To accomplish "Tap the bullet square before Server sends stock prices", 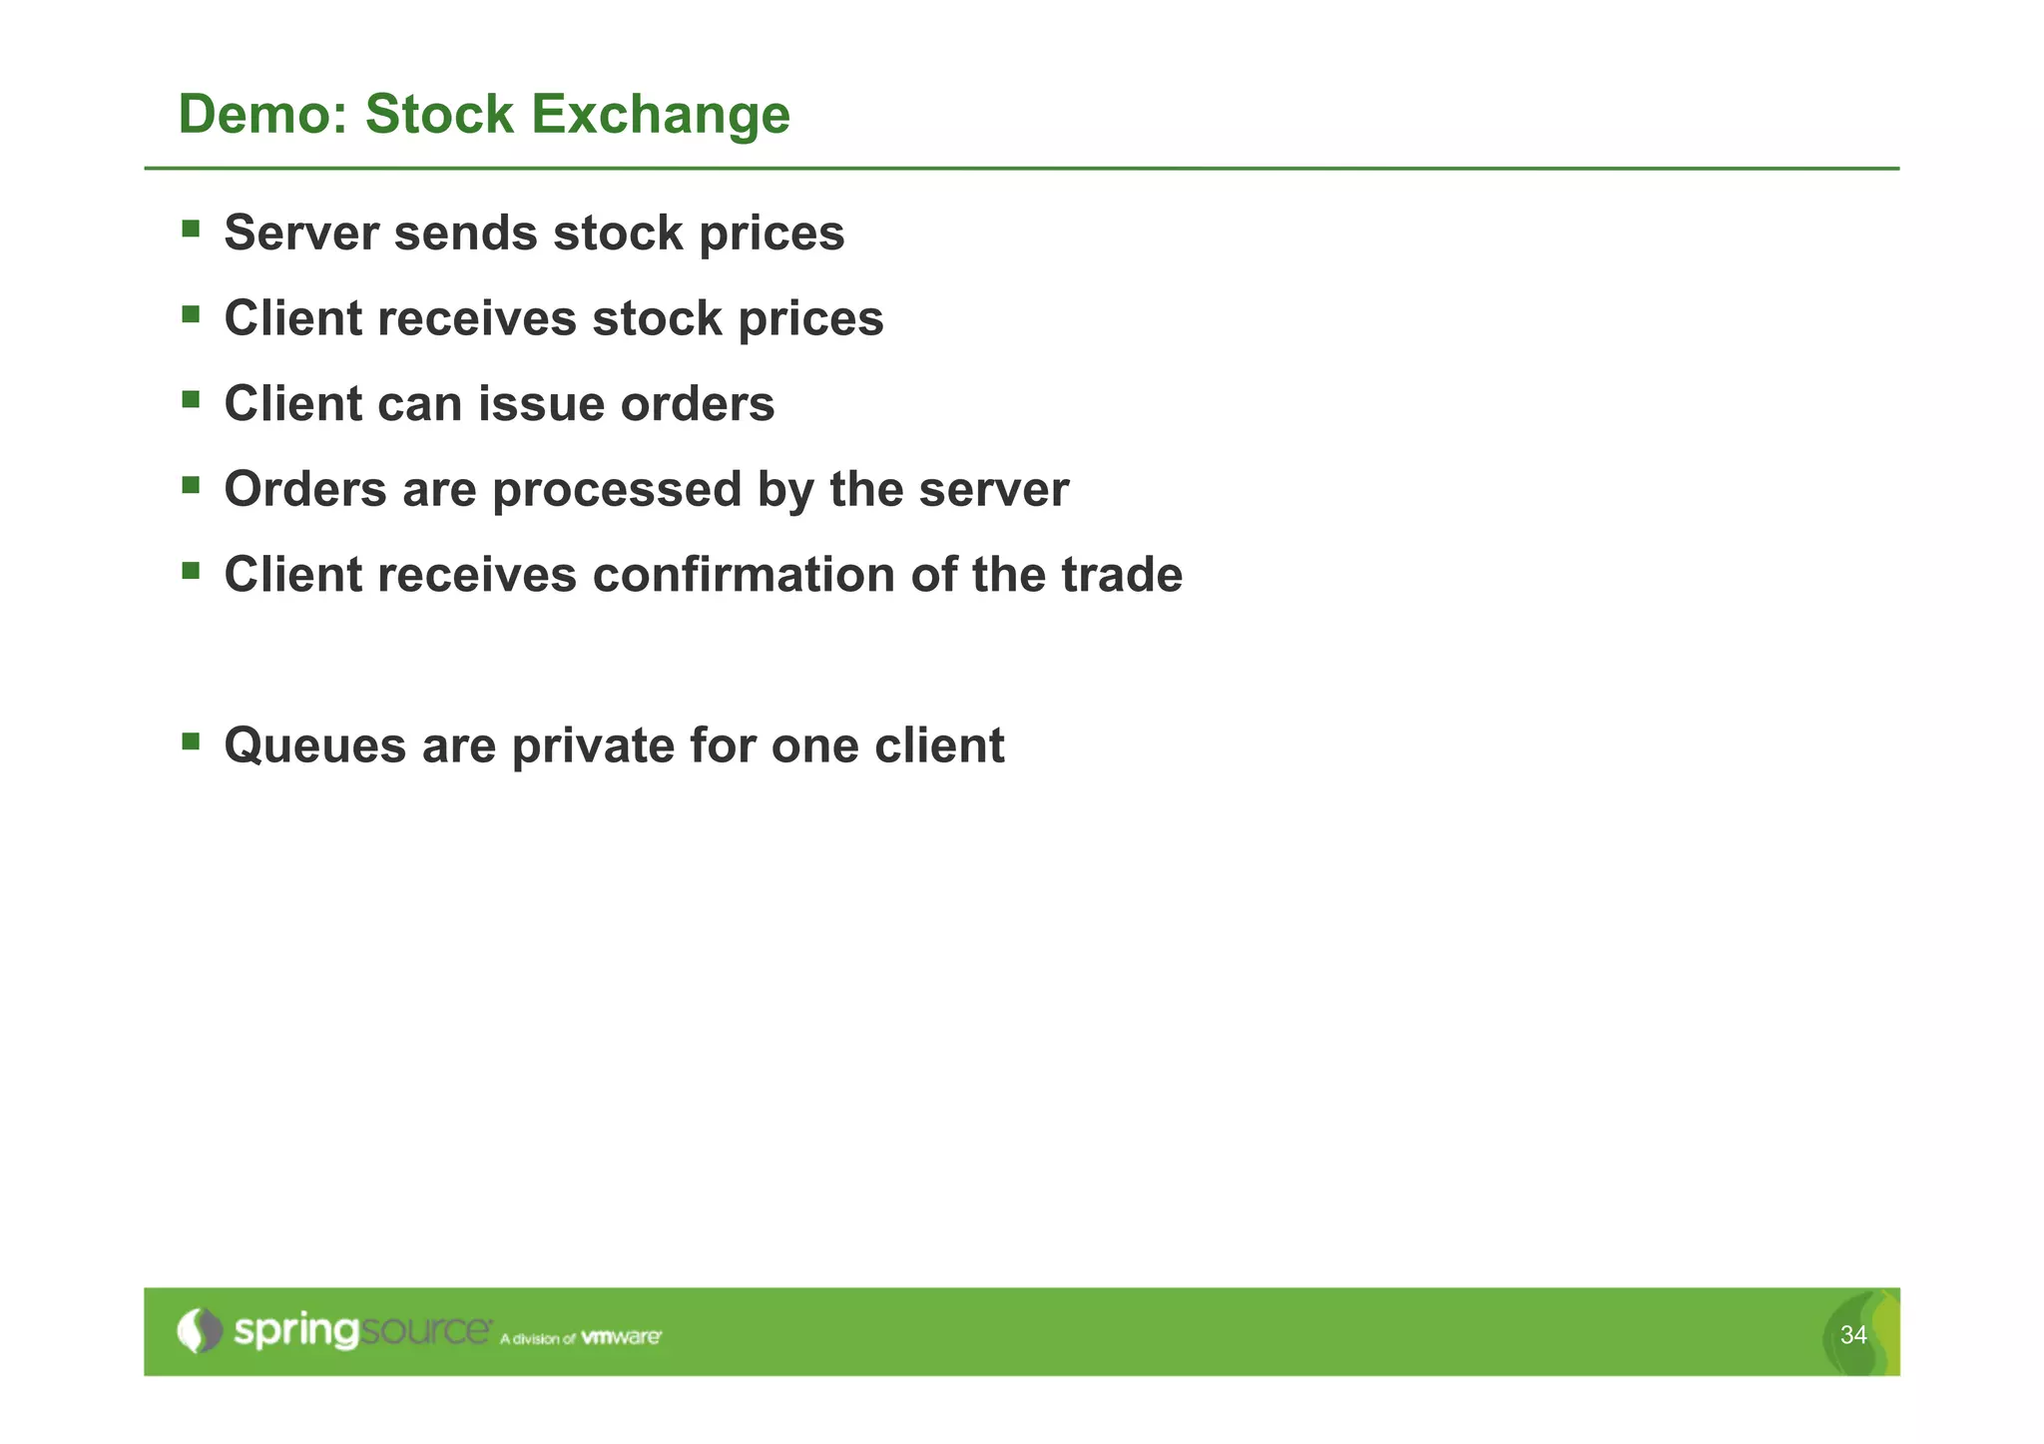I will [x=191, y=230].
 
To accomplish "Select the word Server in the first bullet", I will [x=300, y=234].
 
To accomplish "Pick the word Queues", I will [x=314, y=746].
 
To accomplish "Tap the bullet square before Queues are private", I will [x=191, y=741].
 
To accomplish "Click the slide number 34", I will [x=1852, y=1335].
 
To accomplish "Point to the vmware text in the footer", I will [x=621, y=1337].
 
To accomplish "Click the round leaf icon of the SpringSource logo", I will [x=200, y=1330].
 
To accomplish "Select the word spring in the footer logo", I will [x=295, y=1332].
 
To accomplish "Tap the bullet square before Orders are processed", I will [x=191, y=486].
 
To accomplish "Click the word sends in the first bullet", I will [x=466, y=234].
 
